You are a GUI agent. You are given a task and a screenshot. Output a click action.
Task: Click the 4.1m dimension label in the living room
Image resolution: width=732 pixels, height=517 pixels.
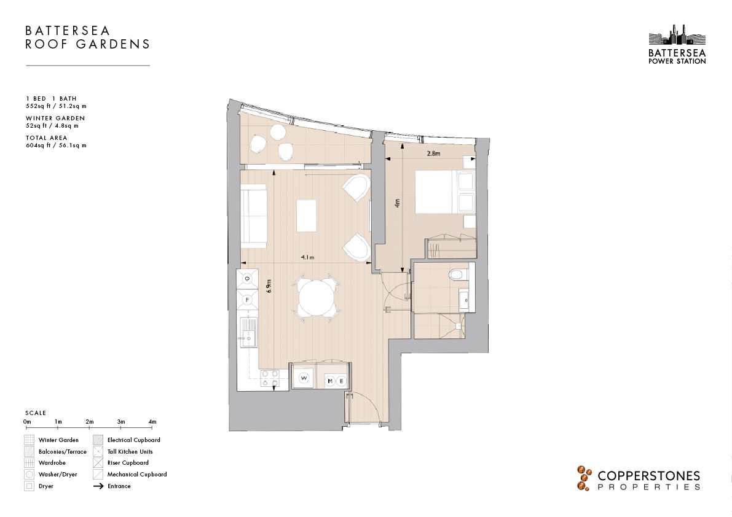point(308,257)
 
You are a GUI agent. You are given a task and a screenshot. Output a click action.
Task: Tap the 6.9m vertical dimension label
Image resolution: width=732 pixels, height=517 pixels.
point(269,286)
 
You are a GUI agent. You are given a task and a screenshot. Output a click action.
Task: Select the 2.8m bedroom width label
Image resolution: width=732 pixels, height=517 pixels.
point(434,154)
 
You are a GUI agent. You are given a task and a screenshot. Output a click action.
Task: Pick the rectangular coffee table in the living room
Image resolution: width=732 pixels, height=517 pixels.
point(306,216)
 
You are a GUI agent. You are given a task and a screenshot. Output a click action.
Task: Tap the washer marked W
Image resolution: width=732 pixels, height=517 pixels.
point(304,378)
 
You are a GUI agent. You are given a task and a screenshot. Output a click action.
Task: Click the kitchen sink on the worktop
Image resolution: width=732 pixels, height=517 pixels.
point(248,332)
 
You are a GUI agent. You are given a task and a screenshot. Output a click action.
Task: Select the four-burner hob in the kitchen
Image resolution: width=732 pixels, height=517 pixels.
point(269,378)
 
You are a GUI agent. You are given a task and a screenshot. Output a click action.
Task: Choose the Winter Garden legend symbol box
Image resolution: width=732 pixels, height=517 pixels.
point(30,440)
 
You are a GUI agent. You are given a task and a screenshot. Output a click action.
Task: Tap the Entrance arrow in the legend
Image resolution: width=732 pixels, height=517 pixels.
point(98,486)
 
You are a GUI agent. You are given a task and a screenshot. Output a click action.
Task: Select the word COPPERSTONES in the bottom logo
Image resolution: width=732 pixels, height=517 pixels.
point(649,476)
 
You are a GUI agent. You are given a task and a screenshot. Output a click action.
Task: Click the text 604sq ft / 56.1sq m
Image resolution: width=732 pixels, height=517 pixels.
point(56,146)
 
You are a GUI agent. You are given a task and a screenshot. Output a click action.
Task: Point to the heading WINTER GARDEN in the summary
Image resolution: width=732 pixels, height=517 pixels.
point(55,119)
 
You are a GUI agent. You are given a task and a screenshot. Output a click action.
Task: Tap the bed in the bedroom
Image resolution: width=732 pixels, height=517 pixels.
point(445,193)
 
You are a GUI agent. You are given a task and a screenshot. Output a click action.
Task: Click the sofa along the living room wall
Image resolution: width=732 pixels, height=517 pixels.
point(253,216)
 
